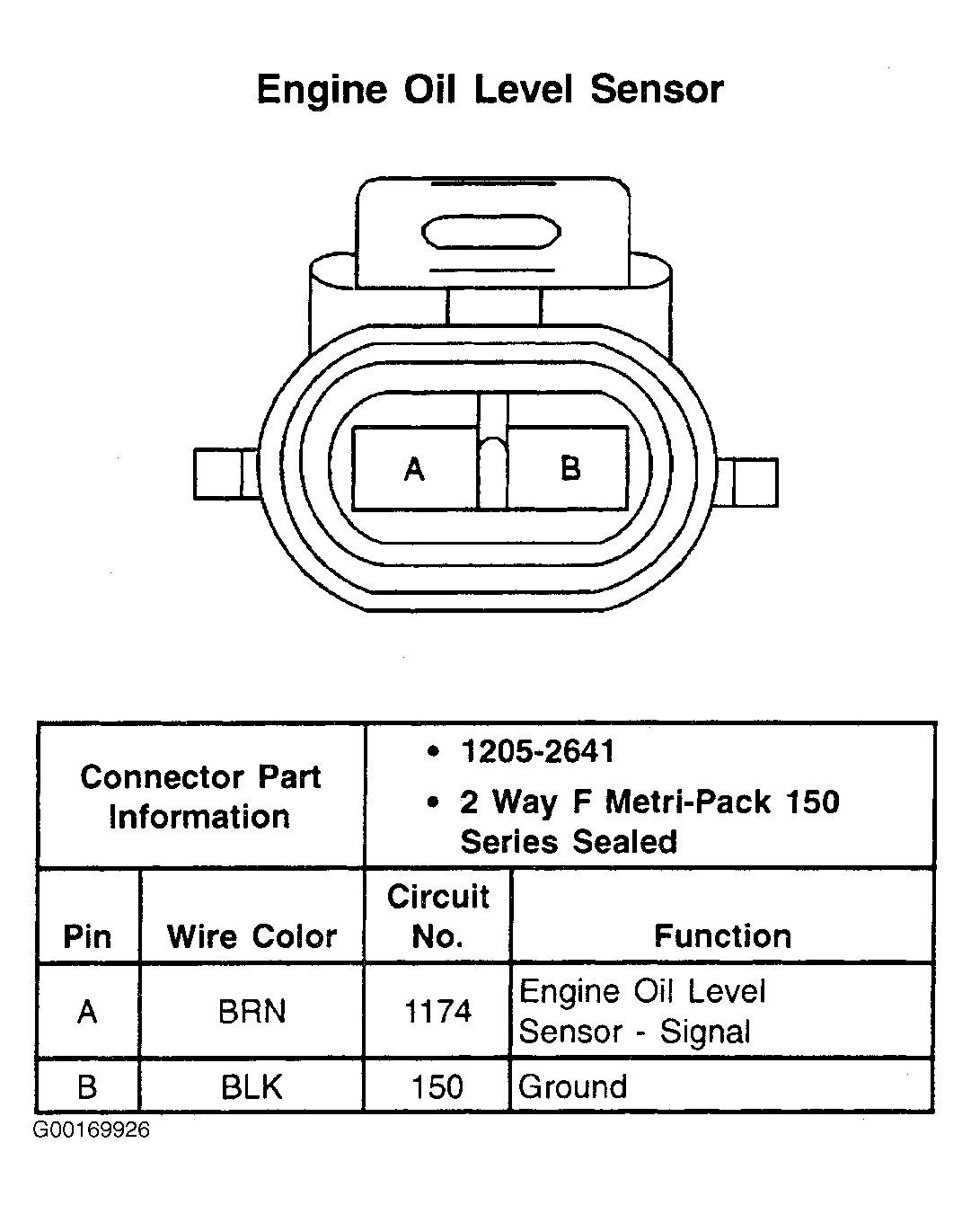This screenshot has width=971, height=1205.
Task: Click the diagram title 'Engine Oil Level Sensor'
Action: coord(490,90)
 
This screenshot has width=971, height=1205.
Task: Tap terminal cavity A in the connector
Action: coord(414,468)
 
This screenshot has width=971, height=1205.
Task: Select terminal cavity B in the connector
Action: coord(569,468)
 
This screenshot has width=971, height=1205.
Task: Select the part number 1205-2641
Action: coord(537,751)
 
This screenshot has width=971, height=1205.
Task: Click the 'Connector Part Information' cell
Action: coord(200,796)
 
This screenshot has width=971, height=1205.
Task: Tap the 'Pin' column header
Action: coord(87,936)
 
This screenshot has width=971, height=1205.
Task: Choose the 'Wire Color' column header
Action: coord(252,936)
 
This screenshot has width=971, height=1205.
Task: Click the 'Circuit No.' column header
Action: coord(437,917)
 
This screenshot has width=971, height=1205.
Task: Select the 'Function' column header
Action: coord(722,936)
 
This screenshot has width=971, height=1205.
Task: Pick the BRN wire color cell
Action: coord(252,1012)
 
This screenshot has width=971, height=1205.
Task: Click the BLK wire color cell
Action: coord(252,1087)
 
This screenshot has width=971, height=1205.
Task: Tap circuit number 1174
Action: coord(437,1012)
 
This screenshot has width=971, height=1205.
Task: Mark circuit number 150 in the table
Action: coord(437,1087)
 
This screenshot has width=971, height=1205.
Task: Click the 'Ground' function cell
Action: coord(573,1087)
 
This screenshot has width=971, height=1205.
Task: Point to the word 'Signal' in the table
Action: coord(705,1032)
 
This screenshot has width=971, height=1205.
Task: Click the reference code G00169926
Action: coord(92,1130)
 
